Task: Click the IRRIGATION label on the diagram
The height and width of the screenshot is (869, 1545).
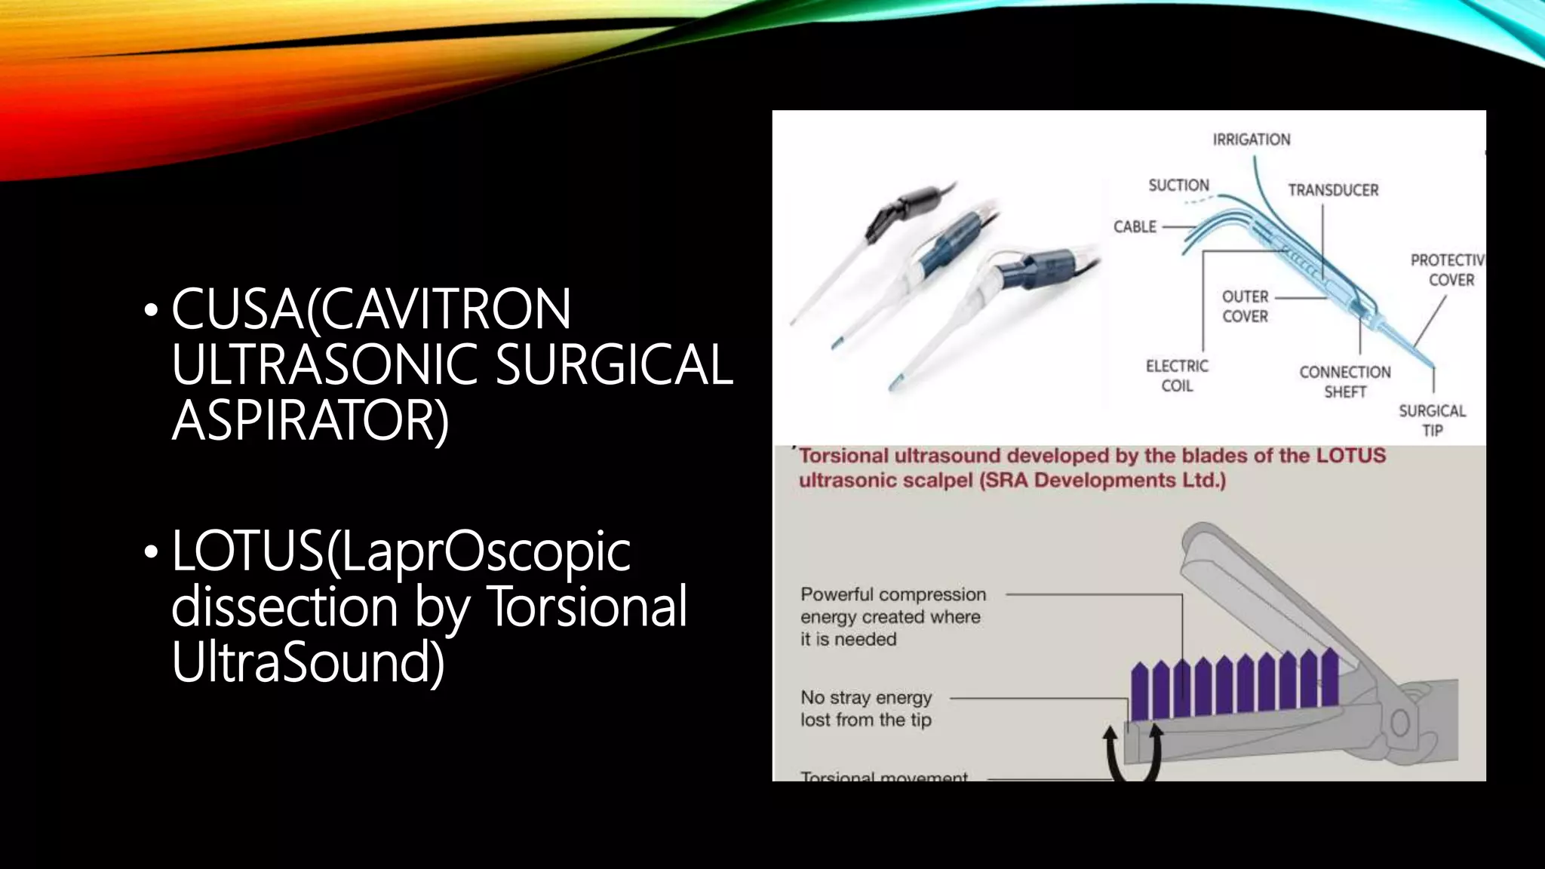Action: coord(1251,140)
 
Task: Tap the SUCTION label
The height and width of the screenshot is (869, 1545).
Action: coord(1178,186)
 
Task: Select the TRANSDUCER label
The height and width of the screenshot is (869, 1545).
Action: coord(1332,190)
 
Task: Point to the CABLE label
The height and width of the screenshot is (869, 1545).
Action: coord(1135,227)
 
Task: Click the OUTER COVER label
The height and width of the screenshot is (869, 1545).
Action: coord(1245,306)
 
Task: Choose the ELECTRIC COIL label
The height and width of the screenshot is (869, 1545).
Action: coord(1177,376)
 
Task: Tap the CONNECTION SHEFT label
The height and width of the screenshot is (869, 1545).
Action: coord(1344,382)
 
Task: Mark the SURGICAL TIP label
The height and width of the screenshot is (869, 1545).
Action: coord(1432,420)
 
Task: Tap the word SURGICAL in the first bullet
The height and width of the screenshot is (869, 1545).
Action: coord(614,365)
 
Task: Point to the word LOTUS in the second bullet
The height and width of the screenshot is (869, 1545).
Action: coord(247,551)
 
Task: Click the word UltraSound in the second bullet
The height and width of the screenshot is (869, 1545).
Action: coord(307,662)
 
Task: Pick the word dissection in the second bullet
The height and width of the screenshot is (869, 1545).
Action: coord(284,606)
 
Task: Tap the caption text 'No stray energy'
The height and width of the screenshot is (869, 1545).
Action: coord(866,698)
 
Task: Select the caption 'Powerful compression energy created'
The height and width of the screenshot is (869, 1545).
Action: coord(893,606)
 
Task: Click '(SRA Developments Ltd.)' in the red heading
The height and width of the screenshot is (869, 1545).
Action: coord(1102,481)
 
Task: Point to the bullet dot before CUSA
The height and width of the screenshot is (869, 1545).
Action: coord(152,310)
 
